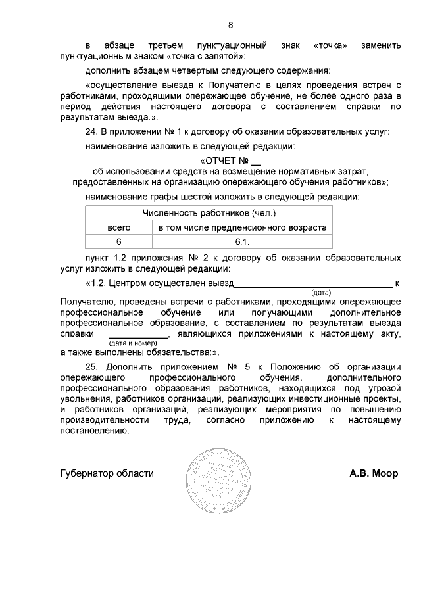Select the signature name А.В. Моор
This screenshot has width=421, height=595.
373,473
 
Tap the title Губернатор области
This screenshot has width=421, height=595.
107,473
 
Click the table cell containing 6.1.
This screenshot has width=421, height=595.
241,241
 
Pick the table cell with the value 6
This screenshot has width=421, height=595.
119,241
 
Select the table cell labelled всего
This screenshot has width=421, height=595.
119,227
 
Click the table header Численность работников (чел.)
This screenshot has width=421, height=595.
209,214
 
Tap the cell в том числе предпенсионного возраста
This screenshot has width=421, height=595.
241,227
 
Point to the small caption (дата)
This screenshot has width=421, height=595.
320,292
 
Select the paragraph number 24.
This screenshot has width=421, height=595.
93,131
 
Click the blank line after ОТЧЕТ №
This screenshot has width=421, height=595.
257,162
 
